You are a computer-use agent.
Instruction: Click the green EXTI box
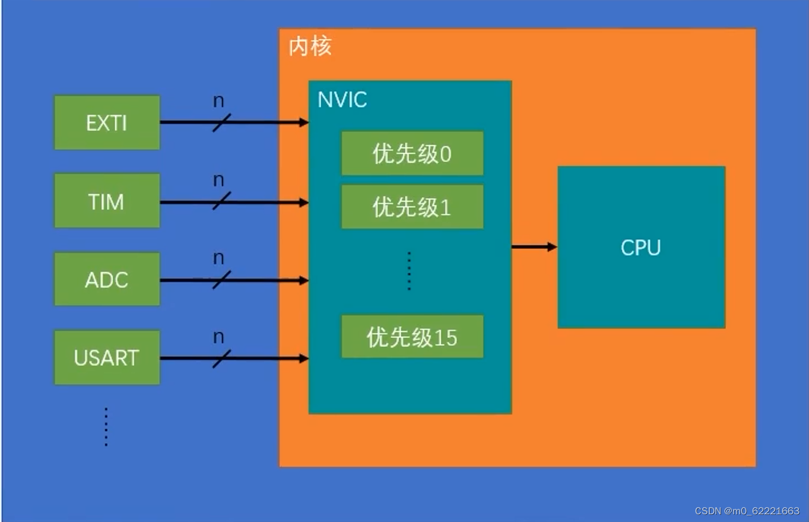point(107,122)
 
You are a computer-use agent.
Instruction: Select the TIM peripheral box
point(107,201)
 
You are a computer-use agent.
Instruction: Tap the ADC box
point(107,279)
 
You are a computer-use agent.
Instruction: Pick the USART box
point(107,358)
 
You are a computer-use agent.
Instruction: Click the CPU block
point(641,247)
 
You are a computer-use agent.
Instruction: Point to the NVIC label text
point(342,100)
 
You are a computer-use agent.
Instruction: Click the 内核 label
point(310,46)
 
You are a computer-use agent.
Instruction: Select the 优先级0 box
point(412,154)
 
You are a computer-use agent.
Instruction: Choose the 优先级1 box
point(412,207)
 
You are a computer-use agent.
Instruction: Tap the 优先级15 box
point(412,337)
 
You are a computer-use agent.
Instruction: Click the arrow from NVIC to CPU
point(534,246)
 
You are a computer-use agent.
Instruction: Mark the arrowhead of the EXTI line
point(303,122)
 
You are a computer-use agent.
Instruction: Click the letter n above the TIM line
point(218,180)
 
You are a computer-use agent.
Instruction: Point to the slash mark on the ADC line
point(221,279)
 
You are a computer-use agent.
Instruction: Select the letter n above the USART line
point(218,337)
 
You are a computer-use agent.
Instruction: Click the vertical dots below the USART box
point(106,426)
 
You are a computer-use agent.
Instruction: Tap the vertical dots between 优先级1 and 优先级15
point(409,271)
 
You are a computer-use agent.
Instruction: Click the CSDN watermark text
point(747,511)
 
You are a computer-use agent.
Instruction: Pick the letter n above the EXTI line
point(218,101)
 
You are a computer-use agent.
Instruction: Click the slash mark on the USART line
point(221,358)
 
